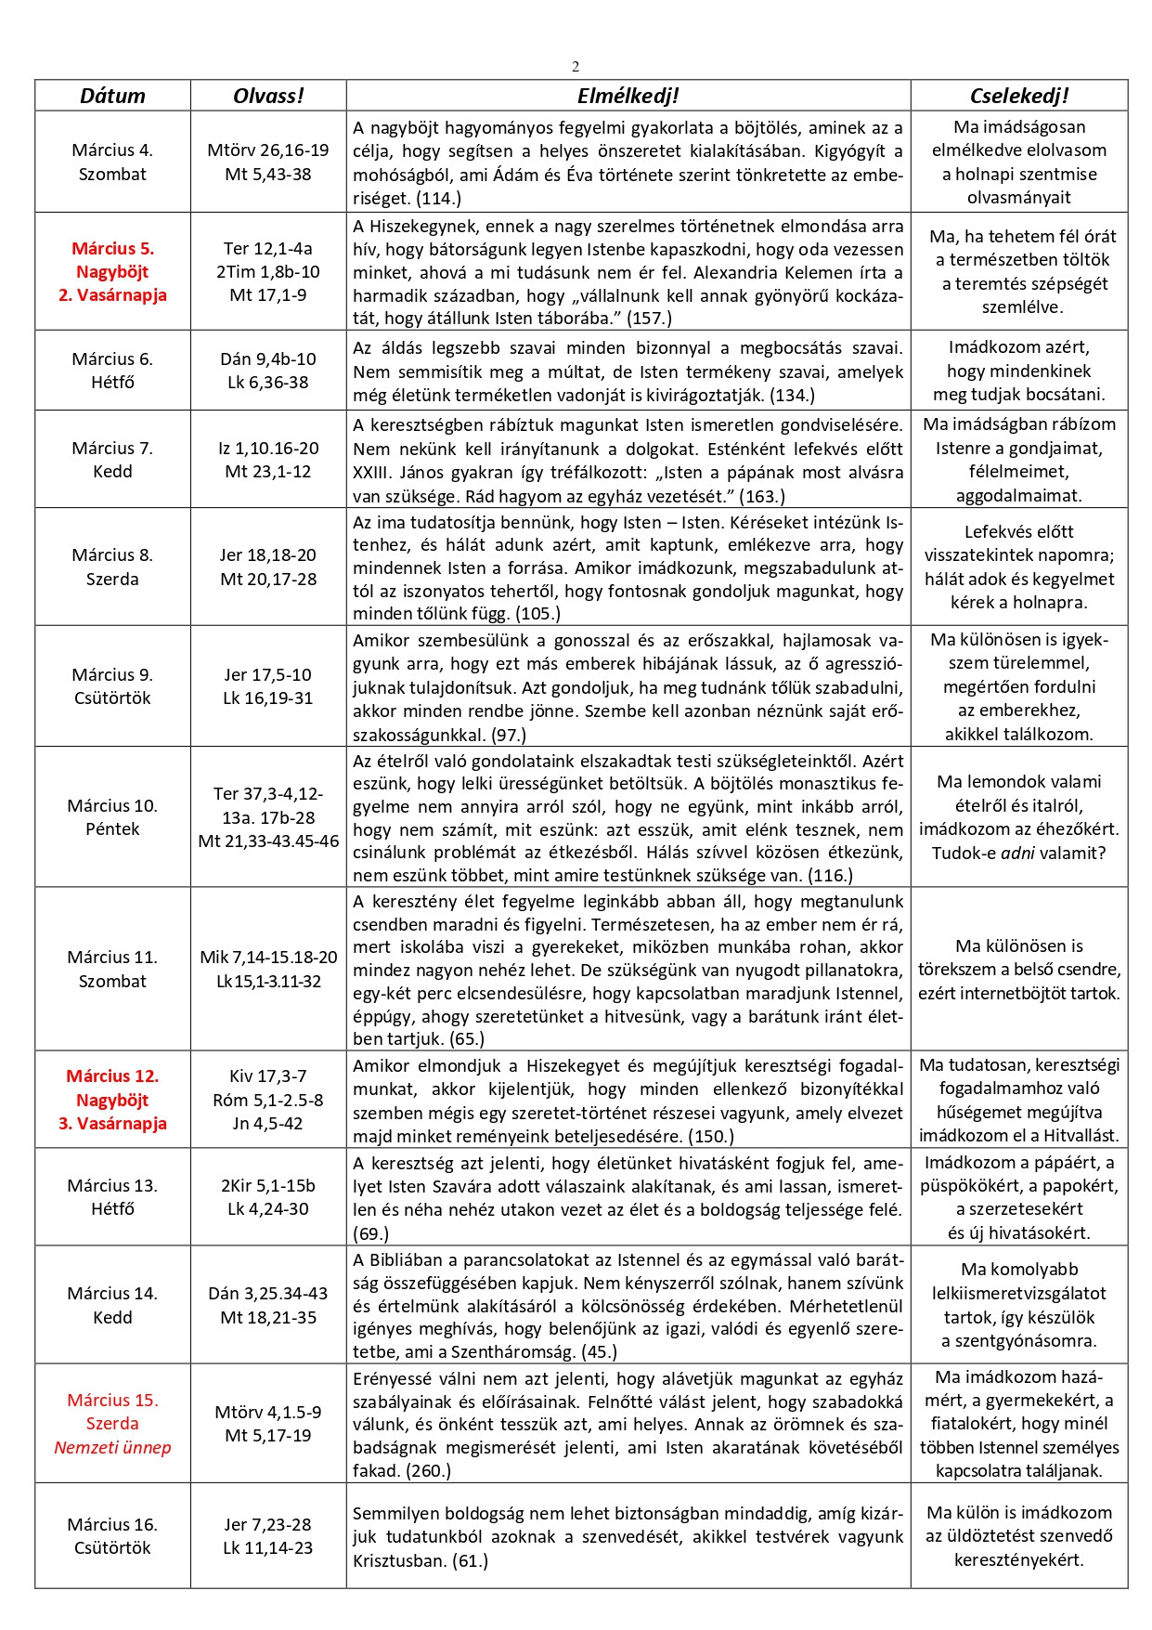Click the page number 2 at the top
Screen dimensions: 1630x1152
click(576, 66)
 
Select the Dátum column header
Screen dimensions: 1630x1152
click(112, 96)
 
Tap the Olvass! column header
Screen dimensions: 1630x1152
click(268, 96)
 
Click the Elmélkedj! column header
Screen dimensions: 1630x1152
click(628, 96)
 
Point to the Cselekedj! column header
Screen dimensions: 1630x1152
click(1018, 96)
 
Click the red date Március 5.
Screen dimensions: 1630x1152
click(112, 248)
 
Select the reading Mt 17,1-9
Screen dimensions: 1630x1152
click(267, 295)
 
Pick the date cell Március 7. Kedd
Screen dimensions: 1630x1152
click(112, 460)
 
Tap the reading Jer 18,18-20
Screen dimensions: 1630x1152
click(267, 555)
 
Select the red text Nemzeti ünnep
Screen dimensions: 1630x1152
click(112, 1447)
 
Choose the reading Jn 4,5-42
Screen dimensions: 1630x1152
click(267, 1123)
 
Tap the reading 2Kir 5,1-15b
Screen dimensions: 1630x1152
click(267, 1185)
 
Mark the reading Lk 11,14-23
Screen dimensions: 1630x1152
click(267, 1547)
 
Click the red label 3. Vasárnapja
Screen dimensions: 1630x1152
click(112, 1123)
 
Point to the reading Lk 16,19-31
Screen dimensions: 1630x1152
click(267, 698)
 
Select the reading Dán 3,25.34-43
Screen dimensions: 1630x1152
click(267, 1293)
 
